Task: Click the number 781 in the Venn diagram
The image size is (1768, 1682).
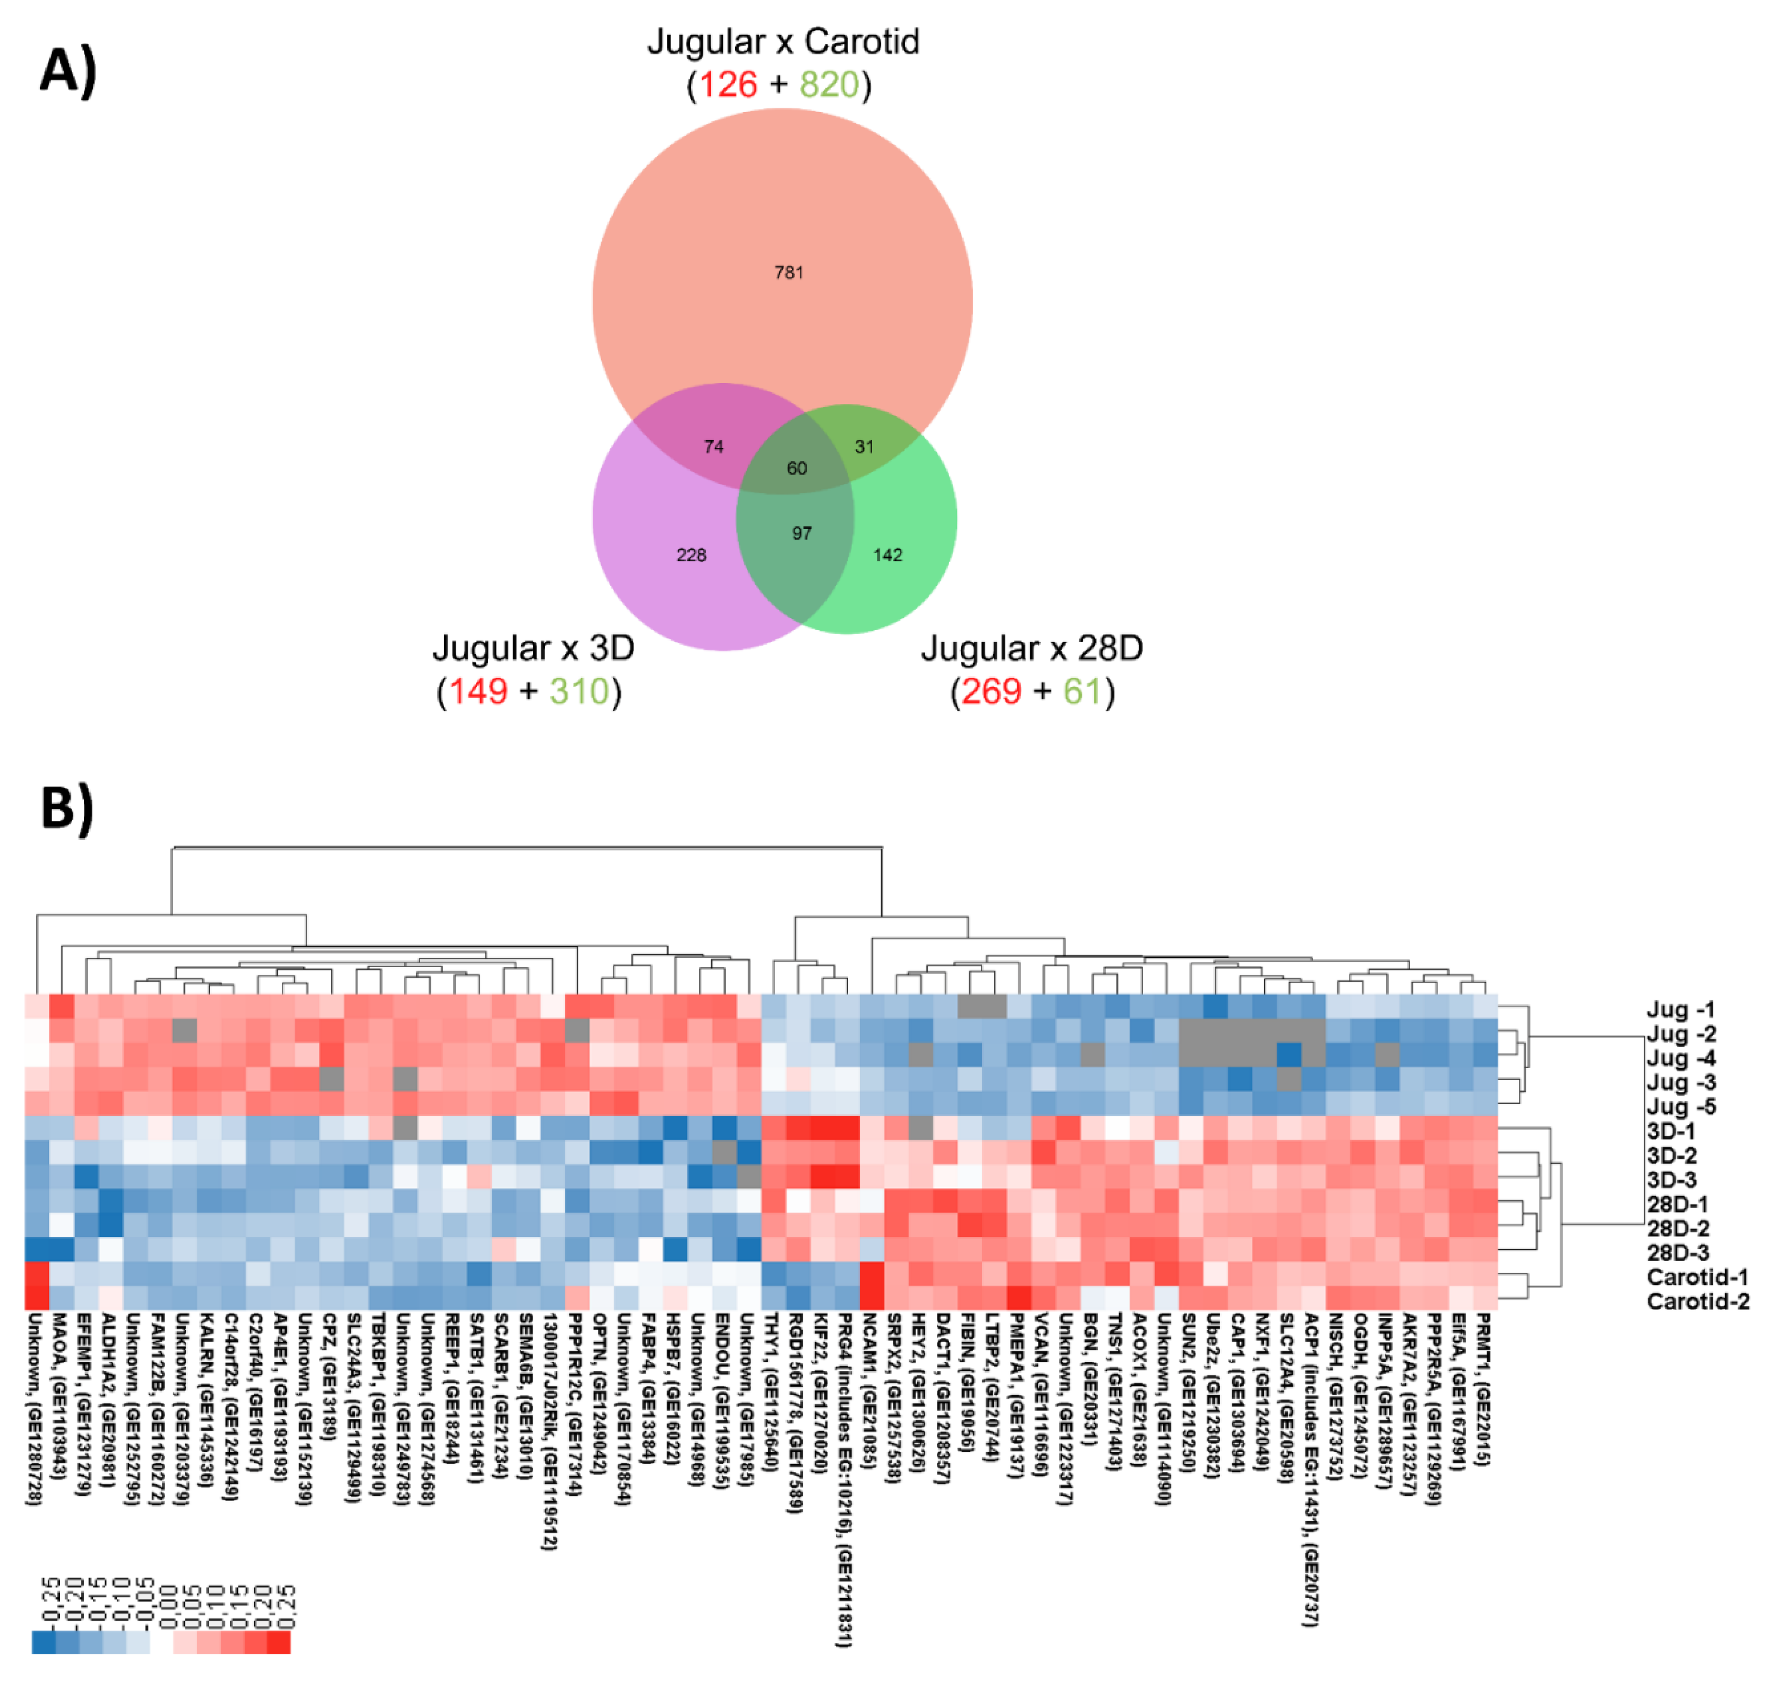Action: (x=789, y=272)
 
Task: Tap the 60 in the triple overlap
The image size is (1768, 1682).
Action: (x=797, y=468)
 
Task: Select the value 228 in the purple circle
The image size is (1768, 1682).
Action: (x=691, y=555)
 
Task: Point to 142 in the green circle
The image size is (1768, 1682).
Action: (x=887, y=555)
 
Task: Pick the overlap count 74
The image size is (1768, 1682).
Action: (x=713, y=446)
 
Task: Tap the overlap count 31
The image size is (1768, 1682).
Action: (x=864, y=446)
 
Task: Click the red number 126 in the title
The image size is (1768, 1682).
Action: (x=727, y=84)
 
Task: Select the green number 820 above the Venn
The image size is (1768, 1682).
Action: (x=829, y=84)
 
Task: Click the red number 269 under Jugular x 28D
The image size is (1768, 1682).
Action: (x=991, y=691)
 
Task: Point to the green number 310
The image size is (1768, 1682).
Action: (x=579, y=691)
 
